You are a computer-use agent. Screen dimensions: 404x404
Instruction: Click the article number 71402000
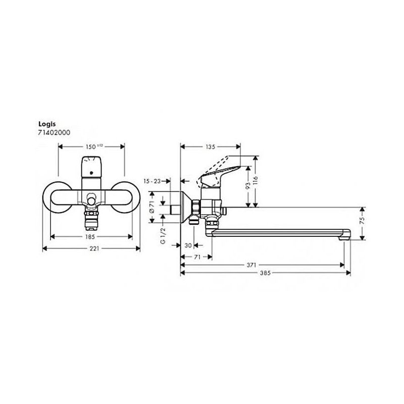click(53, 132)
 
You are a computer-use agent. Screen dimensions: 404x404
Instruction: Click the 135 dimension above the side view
click(210, 147)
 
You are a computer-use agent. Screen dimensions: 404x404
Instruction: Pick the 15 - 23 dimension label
click(152, 181)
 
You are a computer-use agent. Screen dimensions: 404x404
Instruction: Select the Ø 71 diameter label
click(151, 208)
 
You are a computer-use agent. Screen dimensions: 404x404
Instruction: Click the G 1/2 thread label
click(163, 236)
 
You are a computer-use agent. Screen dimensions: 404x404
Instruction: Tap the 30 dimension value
click(188, 245)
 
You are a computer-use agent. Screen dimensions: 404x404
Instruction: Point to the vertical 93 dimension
click(248, 186)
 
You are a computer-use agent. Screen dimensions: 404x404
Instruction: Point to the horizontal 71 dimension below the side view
click(197, 257)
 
